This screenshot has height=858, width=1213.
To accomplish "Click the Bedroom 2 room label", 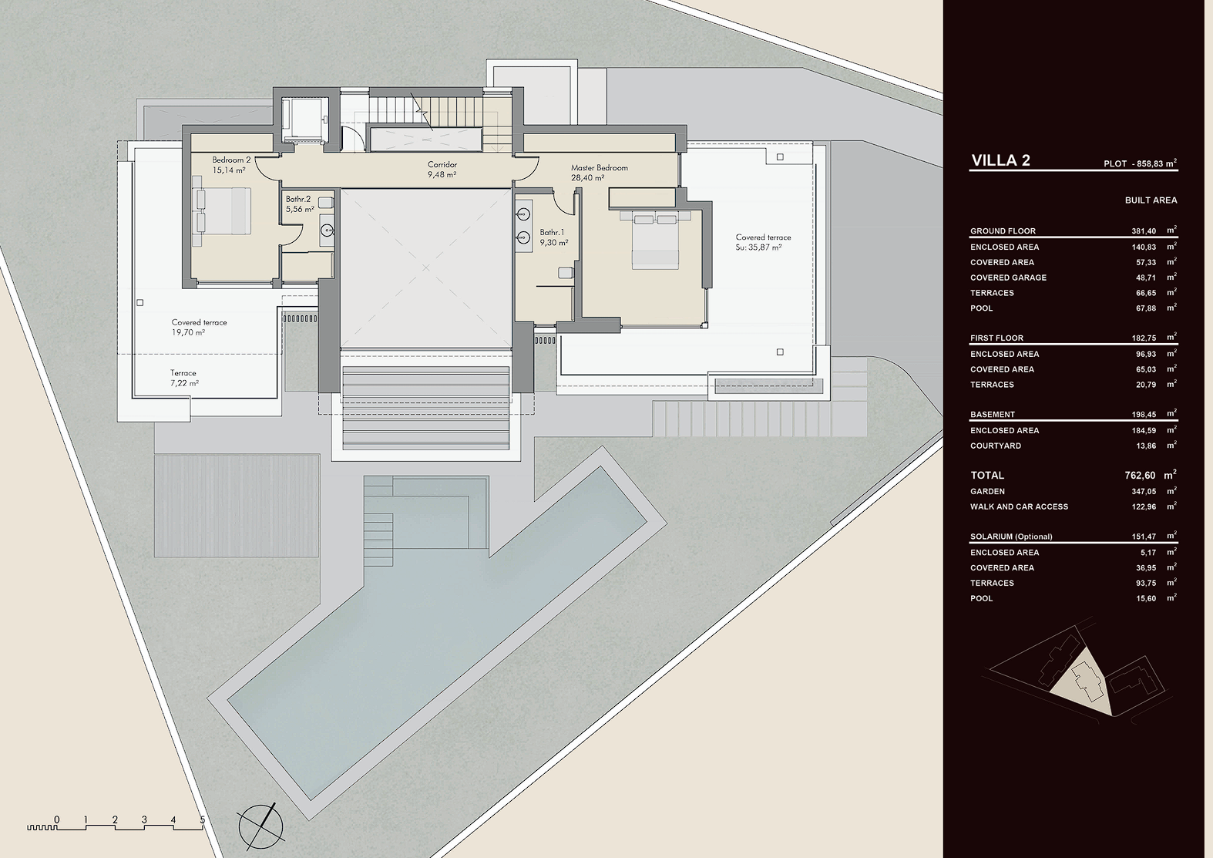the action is click(231, 165).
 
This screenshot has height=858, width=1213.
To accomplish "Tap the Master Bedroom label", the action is click(599, 173).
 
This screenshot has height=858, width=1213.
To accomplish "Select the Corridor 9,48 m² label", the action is click(442, 170).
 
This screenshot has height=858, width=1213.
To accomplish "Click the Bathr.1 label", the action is click(553, 237).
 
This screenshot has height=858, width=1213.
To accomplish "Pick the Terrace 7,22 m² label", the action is click(184, 378).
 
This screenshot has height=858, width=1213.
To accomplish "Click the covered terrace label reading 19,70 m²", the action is click(200, 327).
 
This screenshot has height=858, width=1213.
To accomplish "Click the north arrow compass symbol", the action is click(260, 826).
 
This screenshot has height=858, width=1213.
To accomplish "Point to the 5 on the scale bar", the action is click(203, 820).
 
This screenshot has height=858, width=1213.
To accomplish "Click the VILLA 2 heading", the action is click(1001, 160).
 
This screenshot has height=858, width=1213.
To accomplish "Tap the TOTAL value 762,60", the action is click(1140, 476).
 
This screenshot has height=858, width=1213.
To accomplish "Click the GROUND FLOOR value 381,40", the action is click(1144, 231).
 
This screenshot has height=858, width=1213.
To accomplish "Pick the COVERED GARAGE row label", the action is click(1008, 278).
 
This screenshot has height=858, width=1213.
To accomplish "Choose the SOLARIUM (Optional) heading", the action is click(1011, 537).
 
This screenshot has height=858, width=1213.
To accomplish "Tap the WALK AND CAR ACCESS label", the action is click(1019, 506).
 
